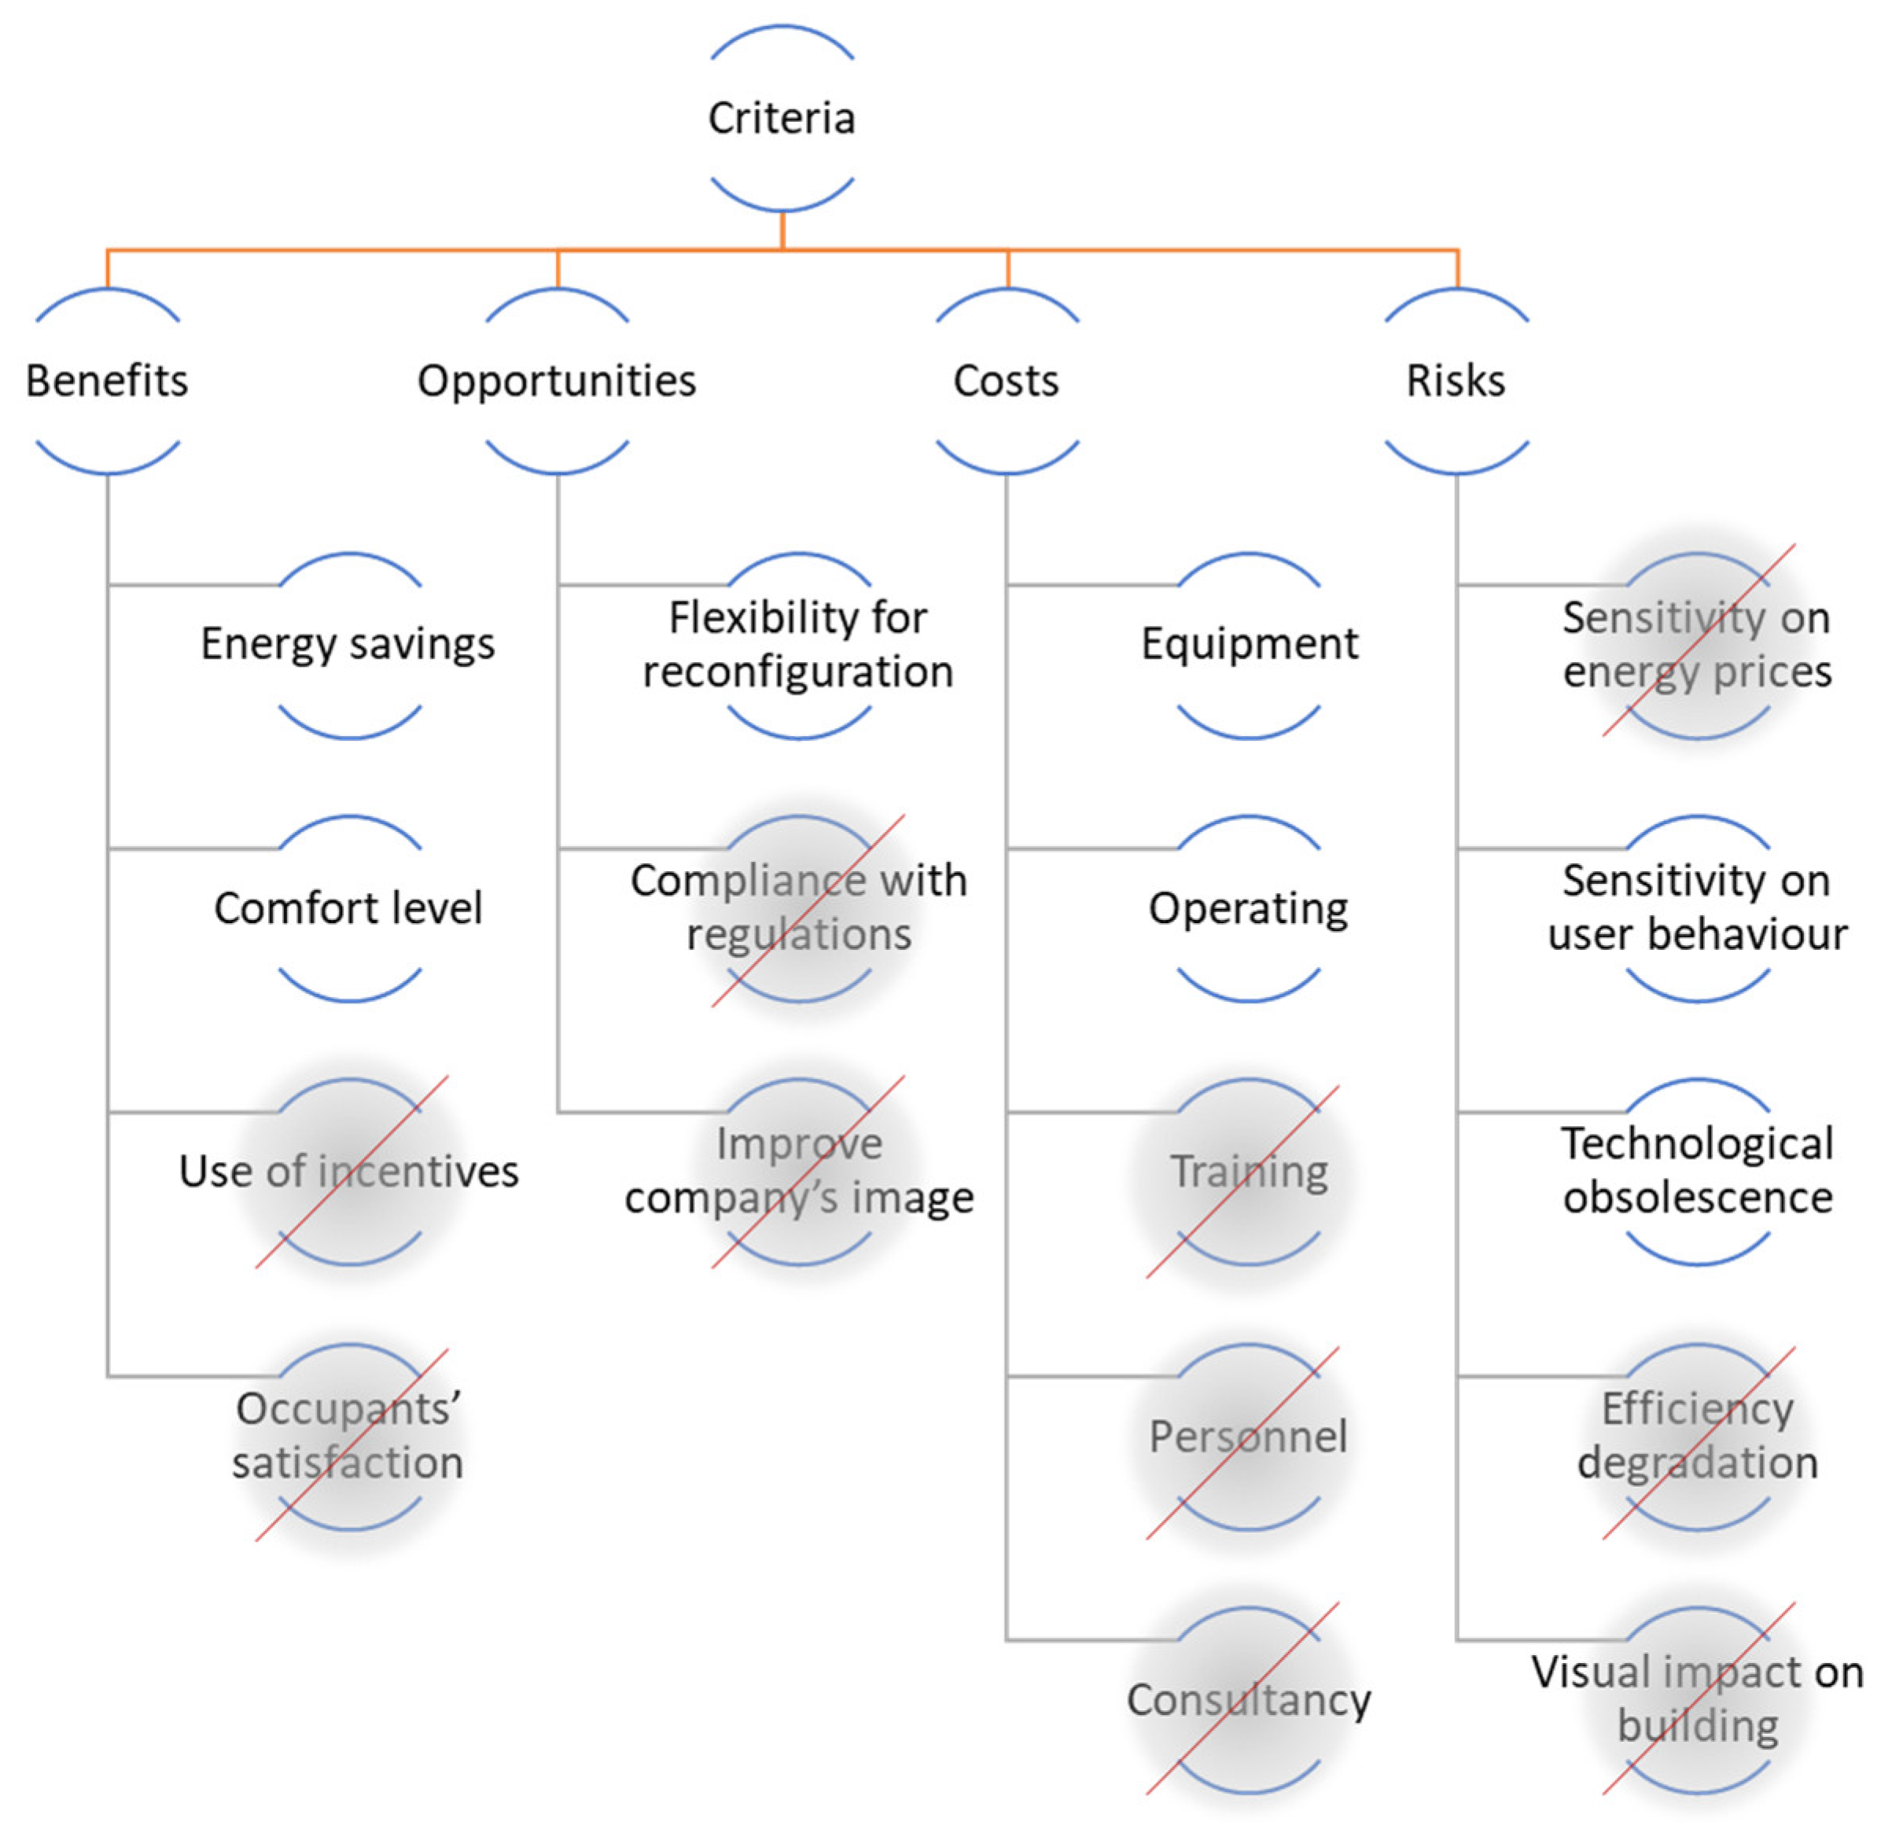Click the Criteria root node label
coord(781,118)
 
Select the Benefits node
coord(107,381)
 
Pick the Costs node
coord(1006,381)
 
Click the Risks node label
coord(1456,381)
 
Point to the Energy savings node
coord(348,643)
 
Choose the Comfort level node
coord(348,907)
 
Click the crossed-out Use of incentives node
coord(348,1171)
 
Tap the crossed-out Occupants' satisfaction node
coord(348,1435)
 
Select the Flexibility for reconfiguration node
coord(798,643)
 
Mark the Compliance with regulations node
coord(798,907)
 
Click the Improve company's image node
coord(798,1170)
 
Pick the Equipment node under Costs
coord(1249,643)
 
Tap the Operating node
coord(1248,907)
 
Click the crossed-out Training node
coord(1249,1171)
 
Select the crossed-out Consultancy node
coord(1249,1699)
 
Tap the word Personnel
coord(1248,1436)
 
